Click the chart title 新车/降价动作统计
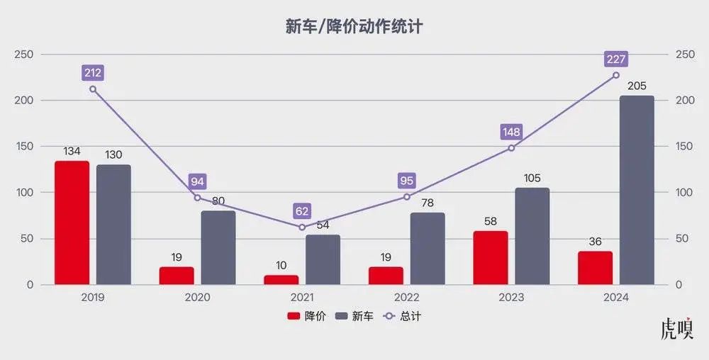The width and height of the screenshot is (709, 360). pos(354,27)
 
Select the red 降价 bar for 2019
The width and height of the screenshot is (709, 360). pos(72,223)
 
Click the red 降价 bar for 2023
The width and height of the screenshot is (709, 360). pos(491,257)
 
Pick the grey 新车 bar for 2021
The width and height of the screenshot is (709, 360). pos(323,259)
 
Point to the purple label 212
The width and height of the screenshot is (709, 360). pos(93,72)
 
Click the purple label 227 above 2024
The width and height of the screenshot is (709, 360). pos(615,59)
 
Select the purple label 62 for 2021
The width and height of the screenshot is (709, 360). pos(302,210)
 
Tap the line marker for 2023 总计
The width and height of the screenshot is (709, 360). pos(511,148)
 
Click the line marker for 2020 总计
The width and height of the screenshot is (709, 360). pos(197,198)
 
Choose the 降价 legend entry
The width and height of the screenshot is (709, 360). pos(306,316)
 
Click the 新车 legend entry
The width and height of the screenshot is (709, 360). pos(354,316)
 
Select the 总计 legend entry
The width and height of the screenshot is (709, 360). pos(401,316)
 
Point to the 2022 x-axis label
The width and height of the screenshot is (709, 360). pos(406,298)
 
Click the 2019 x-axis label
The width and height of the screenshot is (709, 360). pos(93,298)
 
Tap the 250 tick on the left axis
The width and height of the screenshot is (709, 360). pos(23,55)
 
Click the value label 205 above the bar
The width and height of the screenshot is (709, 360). pos(637,86)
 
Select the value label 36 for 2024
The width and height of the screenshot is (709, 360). pos(595,242)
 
